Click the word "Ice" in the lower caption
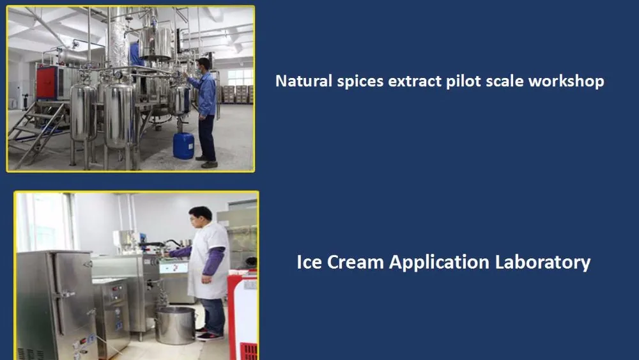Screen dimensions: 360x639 [x=310, y=262]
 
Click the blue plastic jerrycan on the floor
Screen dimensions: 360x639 [x=183, y=145]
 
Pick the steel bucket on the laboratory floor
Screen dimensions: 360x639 [x=175, y=325]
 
